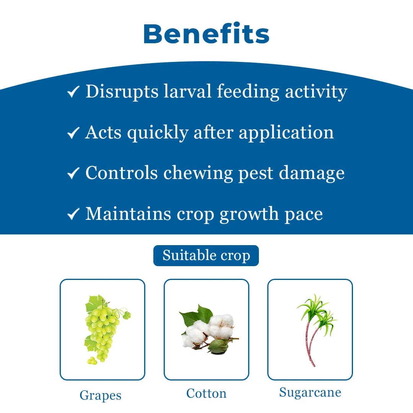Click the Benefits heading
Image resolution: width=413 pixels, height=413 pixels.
(206, 34)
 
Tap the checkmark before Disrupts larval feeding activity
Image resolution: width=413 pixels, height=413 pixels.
(73, 92)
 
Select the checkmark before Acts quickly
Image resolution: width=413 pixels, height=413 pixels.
(73, 133)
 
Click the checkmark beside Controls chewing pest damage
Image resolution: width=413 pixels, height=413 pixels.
(73, 173)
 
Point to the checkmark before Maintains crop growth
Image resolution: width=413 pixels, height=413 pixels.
(73, 214)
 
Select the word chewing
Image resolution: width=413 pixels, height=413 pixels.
(198, 173)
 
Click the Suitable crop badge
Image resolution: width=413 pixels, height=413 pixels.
(206, 255)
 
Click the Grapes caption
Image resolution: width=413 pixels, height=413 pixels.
(100, 395)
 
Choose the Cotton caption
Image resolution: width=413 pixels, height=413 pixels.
(206, 393)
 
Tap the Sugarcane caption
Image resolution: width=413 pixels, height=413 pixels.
(310, 392)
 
